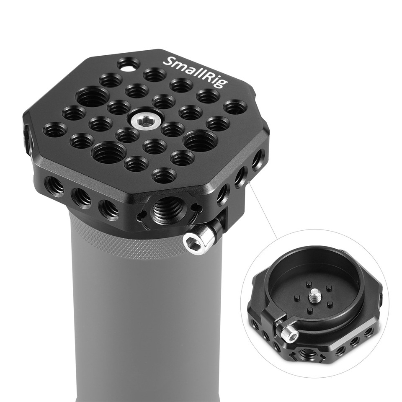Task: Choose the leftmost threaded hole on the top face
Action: coord(56,129)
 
